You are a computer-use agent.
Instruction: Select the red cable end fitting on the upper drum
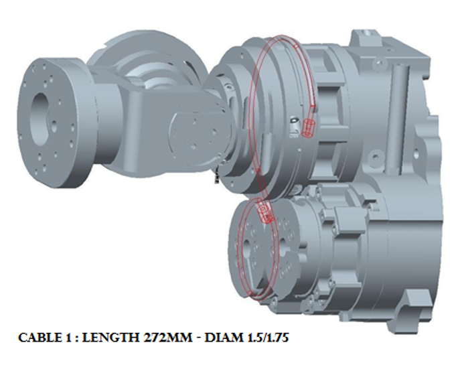click(x=308, y=127)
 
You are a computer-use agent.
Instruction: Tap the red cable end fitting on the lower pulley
click(x=265, y=213)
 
